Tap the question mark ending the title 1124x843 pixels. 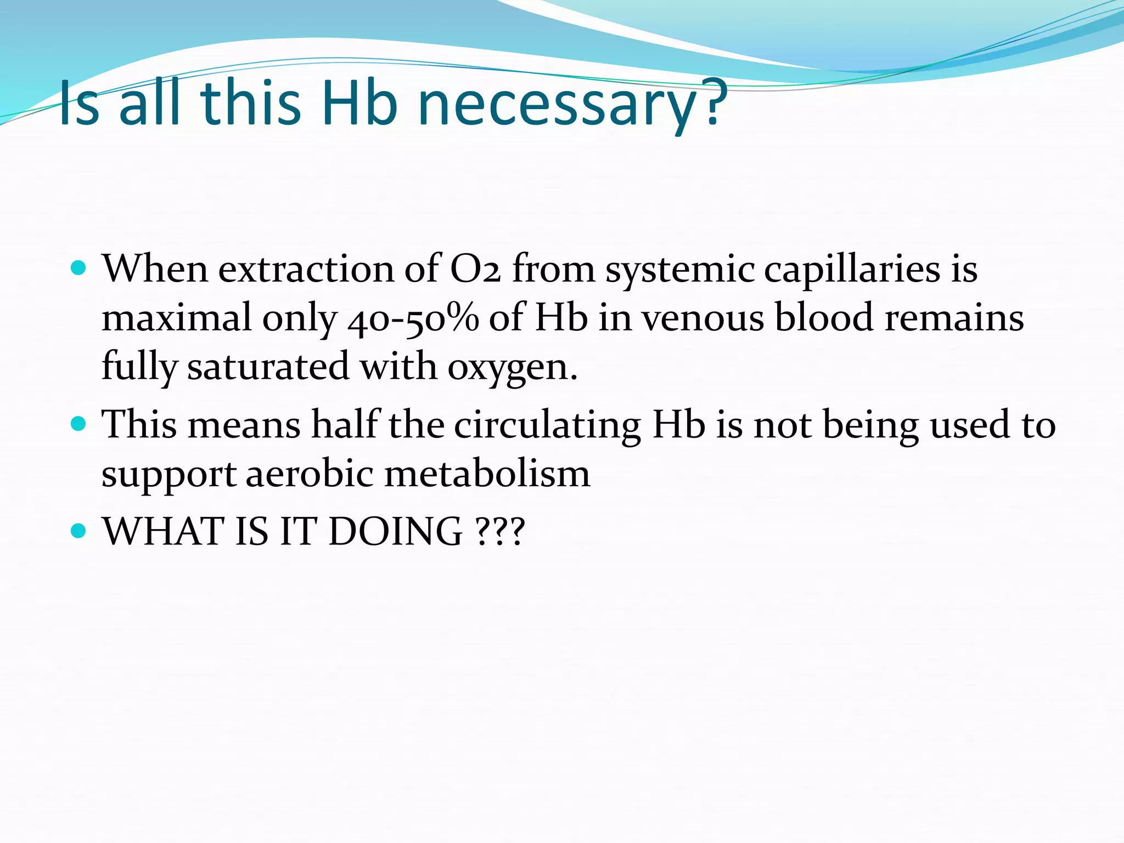[x=713, y=102]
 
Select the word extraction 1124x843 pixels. [x=306, y=269]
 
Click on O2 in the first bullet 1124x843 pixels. [x=475, y=269]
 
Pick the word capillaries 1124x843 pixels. [x=852, y=269]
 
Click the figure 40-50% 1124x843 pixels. [x=413, y=319]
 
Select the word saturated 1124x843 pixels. [x=268, y=367]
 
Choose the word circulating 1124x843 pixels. [x=548, y=426]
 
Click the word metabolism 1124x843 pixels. [x=487, y=474]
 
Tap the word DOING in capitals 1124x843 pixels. [x=395, y=532]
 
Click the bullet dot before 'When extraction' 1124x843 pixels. [x=79, y=268]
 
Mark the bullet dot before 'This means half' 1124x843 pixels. [x=79, y=424]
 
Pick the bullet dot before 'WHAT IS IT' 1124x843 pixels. [x=79, y=531]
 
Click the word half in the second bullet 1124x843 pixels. [x=345, y=425]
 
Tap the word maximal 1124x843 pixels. [x=176, y=319]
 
